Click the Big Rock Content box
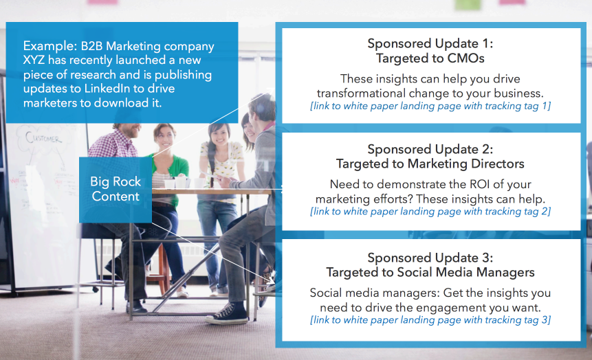click(116, 190)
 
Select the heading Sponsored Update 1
click(430, 43)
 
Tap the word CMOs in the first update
click(466, 58)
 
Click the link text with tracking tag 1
click(430, 106)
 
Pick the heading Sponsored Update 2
click(430, 149)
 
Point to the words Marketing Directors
click(466, 164)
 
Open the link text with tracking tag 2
click(430, 212)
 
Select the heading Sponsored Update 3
click(430, 258)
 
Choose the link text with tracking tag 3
click(430, 320)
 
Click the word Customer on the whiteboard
click(43, 138)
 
